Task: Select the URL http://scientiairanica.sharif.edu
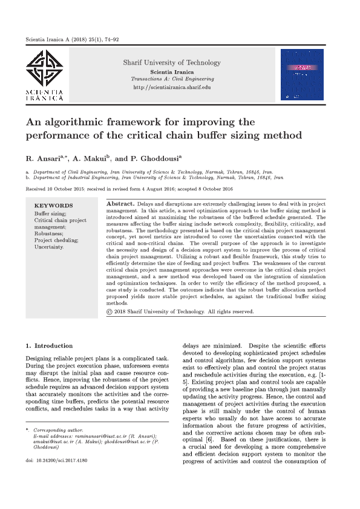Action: pyautogui.click(x=172, y=88)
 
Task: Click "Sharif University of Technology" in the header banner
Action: pyautogui.click(x=172, y=62)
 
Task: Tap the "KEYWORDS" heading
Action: pyautogui.click(x=53, y=206)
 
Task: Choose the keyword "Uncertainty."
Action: pyautogui.click(x=49, y=247)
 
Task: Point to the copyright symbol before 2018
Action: pyautogui.click(x=109, y=311)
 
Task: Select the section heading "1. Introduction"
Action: pyautogui.click(x=49, y=346)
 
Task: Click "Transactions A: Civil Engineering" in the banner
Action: pyautogui.click(x=172, y=79)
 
